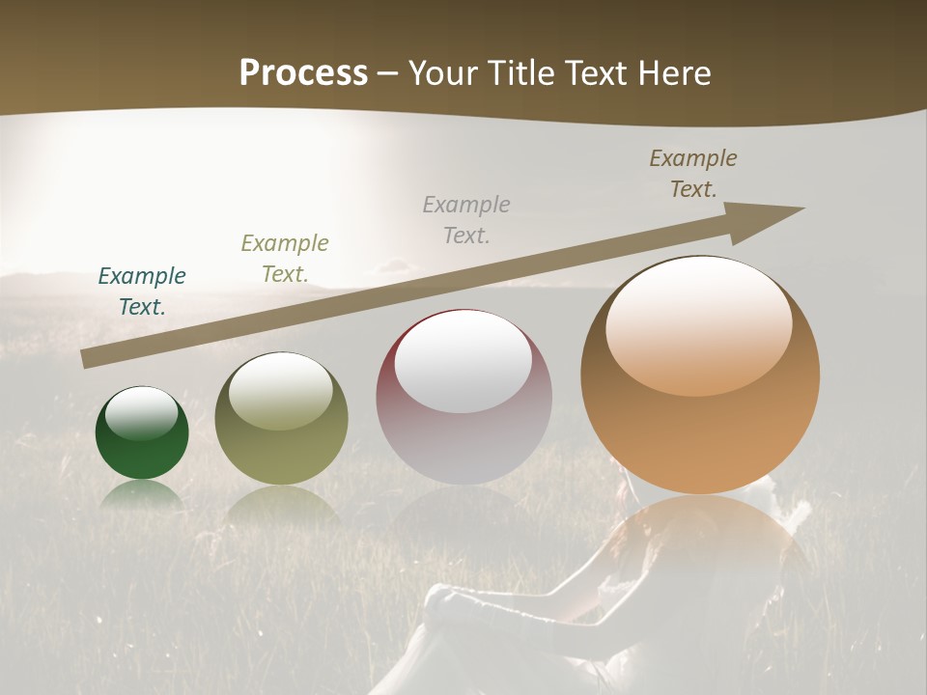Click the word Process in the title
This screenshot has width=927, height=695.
pos(303,73)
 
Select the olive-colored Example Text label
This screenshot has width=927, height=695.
pos(285,259)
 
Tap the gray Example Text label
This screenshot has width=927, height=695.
pos(466,219)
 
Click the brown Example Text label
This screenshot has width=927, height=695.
pos(693,174)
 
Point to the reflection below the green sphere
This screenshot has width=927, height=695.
pos(142,494)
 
